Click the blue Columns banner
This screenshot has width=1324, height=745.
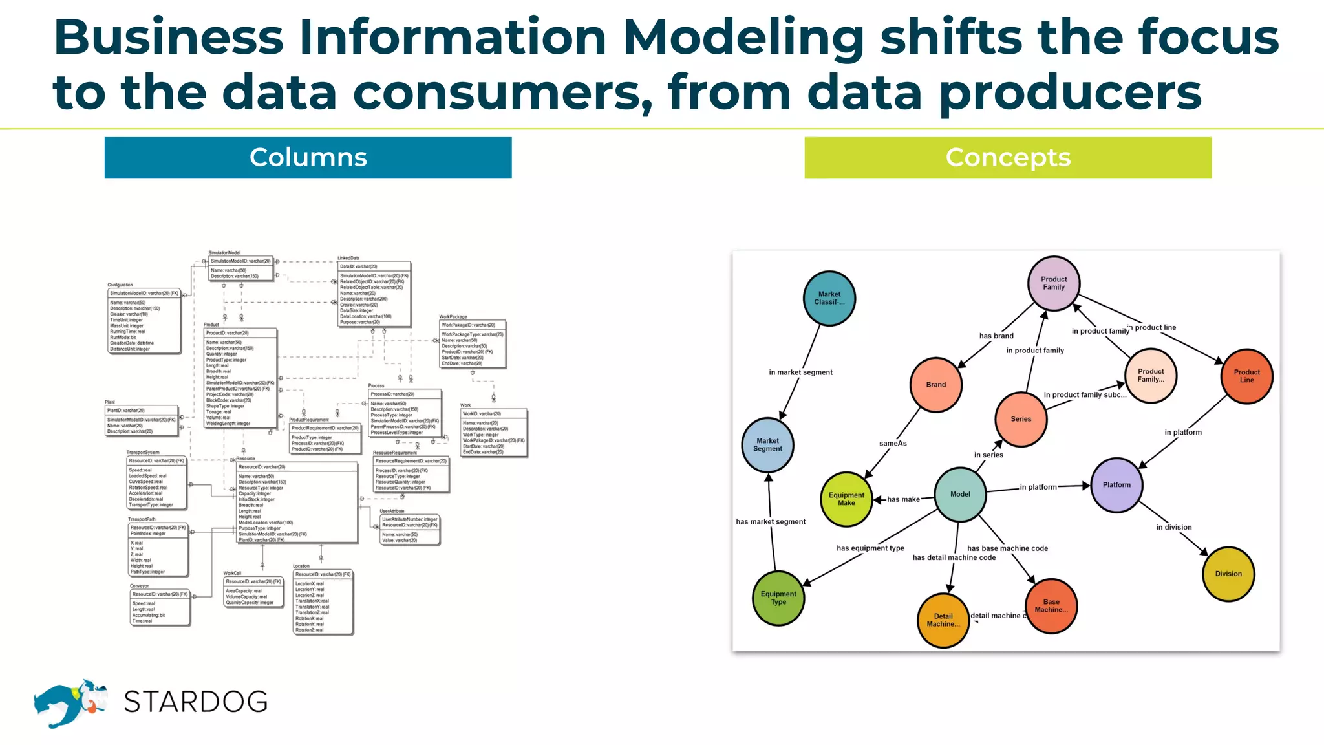click(x=308, y=158)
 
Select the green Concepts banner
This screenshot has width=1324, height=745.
click(x=1008, y=158)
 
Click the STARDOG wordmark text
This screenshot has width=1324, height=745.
click(x=195, y=702)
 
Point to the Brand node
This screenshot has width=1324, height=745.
click(x=935, y=385)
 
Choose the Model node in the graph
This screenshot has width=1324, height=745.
click(x=960, y=494)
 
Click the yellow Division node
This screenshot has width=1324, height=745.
click(x=1228, y=574)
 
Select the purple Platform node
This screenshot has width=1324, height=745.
click(x=1116, y=485)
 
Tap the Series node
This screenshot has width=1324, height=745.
click(x=1021, y=419)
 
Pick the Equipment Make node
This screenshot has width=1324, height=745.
click(x=846, y=499)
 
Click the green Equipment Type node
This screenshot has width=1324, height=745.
click(x=778, y=598)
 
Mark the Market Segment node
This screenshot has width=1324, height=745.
click(x=767, y=445)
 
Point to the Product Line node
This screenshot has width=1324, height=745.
click(x=1246, y=376)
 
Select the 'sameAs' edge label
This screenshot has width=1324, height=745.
click(x=893, y=444)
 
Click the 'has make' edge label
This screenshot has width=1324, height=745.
click(x=903, y=499)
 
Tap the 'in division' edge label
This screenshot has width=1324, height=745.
click(x=1174, y=527)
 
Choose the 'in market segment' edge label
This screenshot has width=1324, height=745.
click(x=800, y=372)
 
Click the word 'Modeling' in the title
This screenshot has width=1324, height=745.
click(x=743, y=38)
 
